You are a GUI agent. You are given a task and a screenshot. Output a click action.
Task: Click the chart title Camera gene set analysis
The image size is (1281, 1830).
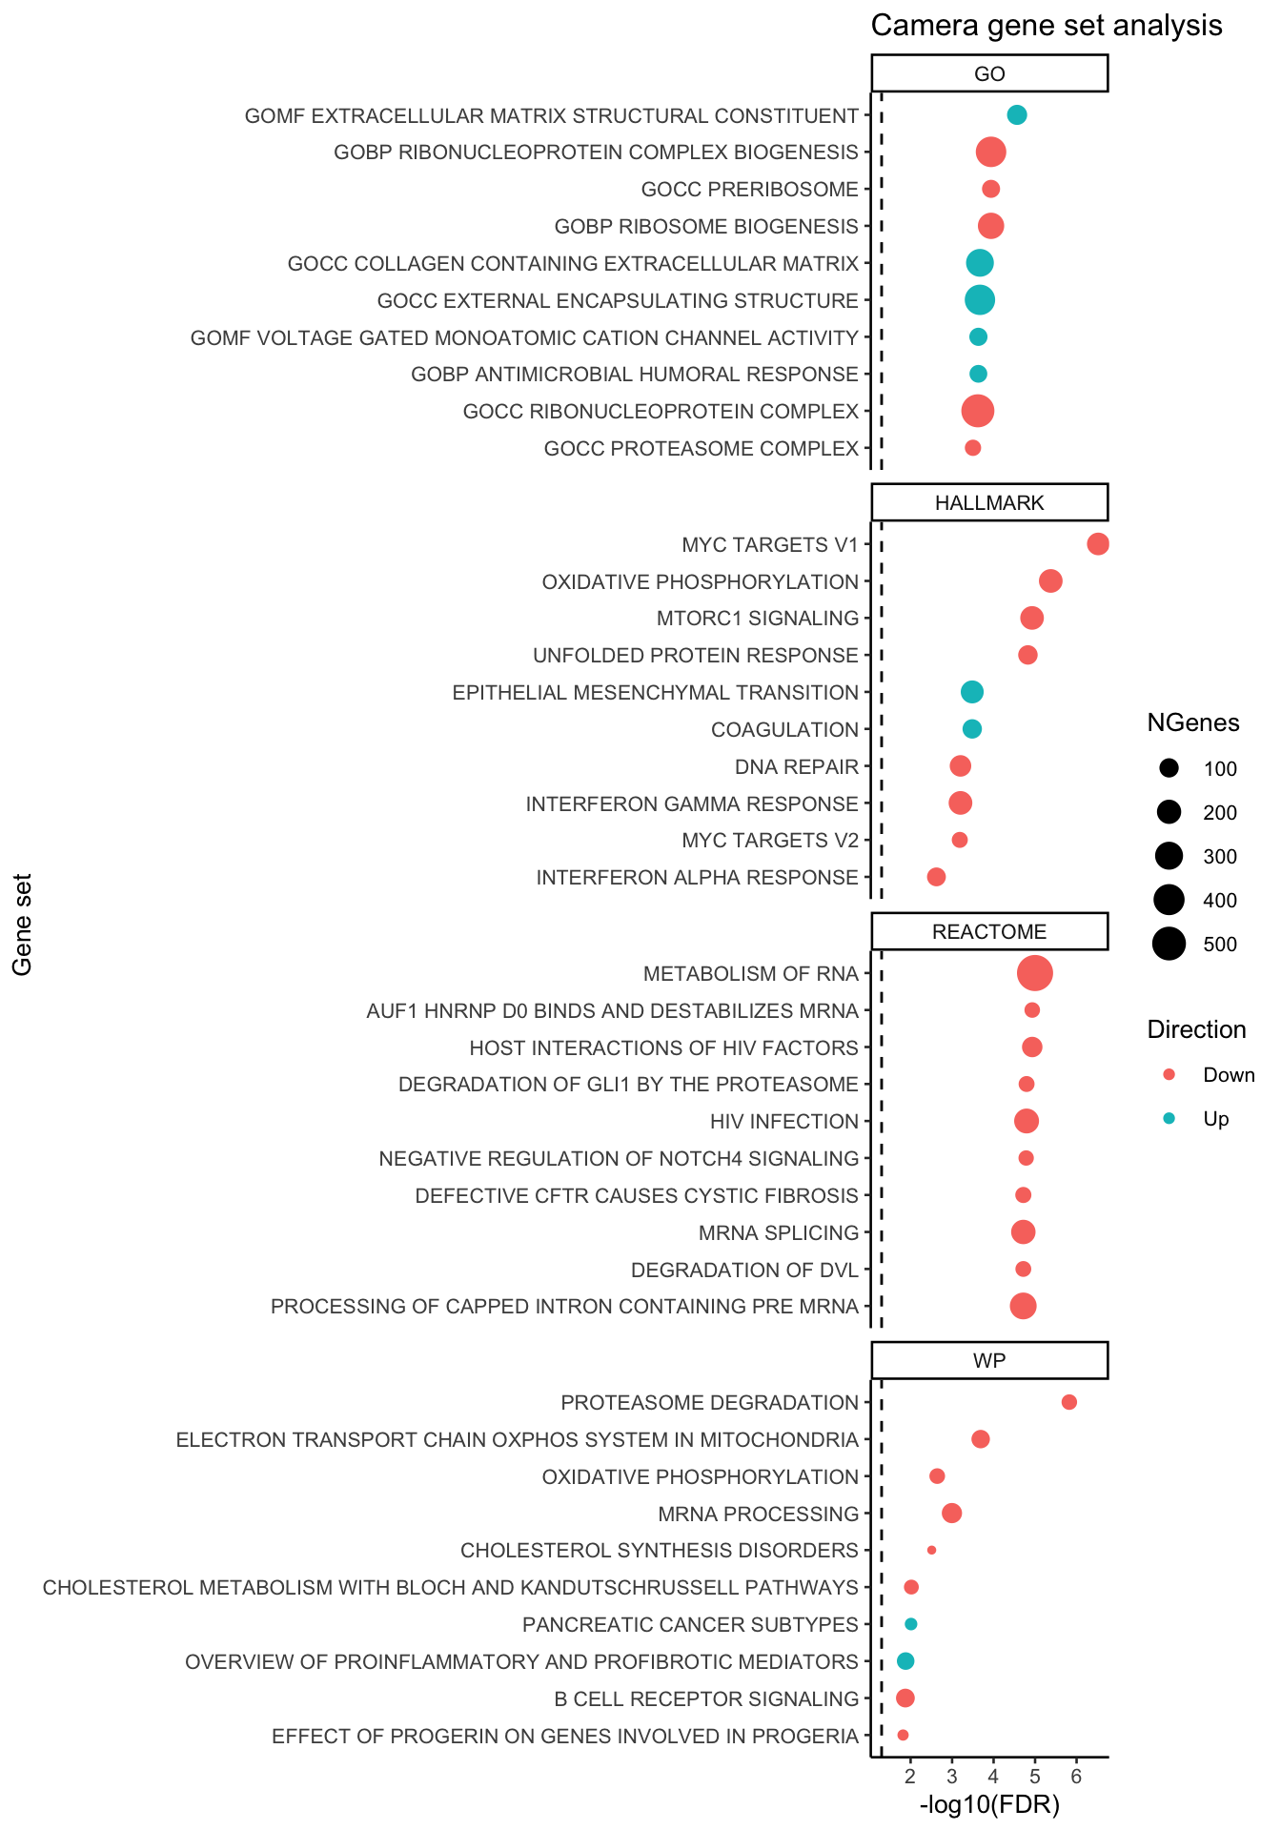tap(1046, 26)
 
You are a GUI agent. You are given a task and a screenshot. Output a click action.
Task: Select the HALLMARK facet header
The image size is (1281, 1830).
tap(989, 503)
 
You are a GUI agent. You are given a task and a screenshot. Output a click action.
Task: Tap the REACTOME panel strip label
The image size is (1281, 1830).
tap(989, 932)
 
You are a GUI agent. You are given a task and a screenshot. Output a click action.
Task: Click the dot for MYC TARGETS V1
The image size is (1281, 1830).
tap(1098, 544)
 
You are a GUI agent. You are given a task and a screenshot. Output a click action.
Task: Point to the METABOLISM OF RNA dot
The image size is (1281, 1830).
tap(1035, 973)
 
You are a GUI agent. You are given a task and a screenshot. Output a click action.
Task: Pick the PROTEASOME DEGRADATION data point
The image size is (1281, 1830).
tap(1069, 1402)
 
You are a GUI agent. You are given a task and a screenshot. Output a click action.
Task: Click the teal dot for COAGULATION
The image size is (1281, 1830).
tap(972, 729)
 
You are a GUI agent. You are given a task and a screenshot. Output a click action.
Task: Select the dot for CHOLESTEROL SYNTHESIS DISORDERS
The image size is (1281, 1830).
tap(931, 1550)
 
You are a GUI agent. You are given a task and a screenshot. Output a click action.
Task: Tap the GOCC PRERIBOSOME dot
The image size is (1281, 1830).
tap(991, 189)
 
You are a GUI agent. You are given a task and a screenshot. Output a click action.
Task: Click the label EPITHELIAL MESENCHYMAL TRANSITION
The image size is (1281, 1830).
tap(656, 693)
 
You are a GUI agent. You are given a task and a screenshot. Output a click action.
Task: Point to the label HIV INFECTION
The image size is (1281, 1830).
tap(784, 1122)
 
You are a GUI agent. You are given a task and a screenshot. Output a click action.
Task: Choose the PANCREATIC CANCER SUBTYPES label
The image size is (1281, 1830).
tap(690, 1624)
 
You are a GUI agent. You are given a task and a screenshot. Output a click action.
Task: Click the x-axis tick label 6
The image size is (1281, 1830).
tap(1076, 1776)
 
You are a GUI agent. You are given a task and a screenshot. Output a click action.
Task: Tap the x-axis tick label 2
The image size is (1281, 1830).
tap(910, 1776)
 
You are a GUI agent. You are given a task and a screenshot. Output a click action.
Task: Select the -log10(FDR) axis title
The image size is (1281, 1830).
tap(989, 1804)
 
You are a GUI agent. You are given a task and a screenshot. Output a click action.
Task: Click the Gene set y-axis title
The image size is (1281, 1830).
tap(23, 925)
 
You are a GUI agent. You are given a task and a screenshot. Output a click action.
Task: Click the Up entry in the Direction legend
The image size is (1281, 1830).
tap(1216, 1119)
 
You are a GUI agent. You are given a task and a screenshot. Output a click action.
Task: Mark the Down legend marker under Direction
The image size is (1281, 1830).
tap(1169, 1075)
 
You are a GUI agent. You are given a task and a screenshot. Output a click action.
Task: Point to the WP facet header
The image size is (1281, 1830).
tap(989, 1361)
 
